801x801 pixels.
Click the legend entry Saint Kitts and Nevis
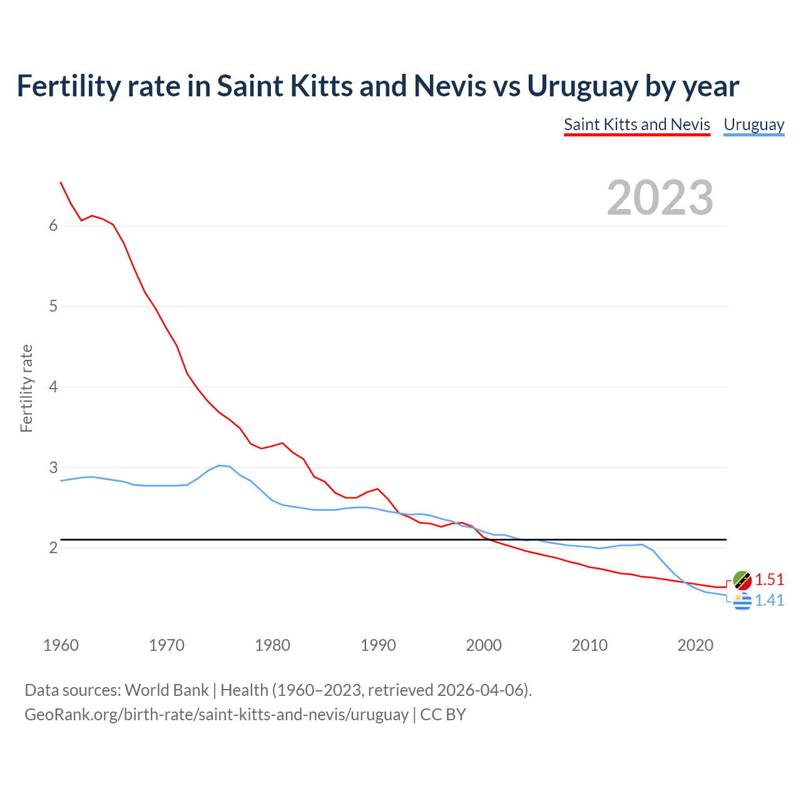click(636, 125)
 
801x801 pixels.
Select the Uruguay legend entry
click(753, 125)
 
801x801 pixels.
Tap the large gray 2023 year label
click(660, 198)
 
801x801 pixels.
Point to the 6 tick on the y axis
click(53, 226)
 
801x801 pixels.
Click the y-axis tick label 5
click(53, 307)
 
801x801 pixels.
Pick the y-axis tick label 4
click(53, 387)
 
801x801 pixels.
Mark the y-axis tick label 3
click(53, 467)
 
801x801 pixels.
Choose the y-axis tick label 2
click(53, 548)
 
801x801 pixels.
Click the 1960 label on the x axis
click(61, 645)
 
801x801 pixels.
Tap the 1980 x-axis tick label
click(272, 645)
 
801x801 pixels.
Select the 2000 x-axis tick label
click(484, 645)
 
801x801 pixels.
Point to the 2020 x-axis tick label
click(695, 645)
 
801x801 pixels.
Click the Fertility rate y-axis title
click(26, 388)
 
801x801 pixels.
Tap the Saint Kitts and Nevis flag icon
click(742, 580)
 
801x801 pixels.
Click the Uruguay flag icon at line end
click(742, 601)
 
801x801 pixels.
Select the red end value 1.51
click(769, 579)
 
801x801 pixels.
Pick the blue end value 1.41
click(769, 600)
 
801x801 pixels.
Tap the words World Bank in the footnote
click(166, 690)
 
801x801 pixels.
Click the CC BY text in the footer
click(443, 715)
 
